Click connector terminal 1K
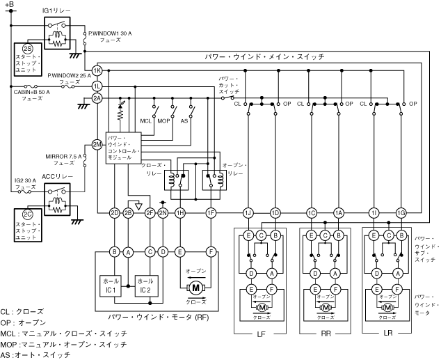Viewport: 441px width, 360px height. [97, 71]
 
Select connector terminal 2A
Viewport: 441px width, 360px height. [97, 98]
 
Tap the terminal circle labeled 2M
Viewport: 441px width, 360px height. [97, 145]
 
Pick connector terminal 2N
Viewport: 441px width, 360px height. [163, 212]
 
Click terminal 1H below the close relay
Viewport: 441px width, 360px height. [180, 212]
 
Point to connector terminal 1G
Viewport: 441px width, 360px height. [400, 212]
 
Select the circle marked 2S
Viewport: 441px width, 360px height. [27, 48]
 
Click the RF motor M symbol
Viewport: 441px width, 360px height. [195, 287]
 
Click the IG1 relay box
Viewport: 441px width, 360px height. [57, 31]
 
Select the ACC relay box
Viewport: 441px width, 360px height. [57, 198]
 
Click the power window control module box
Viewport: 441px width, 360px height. [124, 148]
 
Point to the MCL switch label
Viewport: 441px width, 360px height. [145, 121]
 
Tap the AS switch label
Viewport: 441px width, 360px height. [185, 121]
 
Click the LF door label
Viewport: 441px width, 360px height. [262, 334]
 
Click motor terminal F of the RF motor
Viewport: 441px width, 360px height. [211, 251]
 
